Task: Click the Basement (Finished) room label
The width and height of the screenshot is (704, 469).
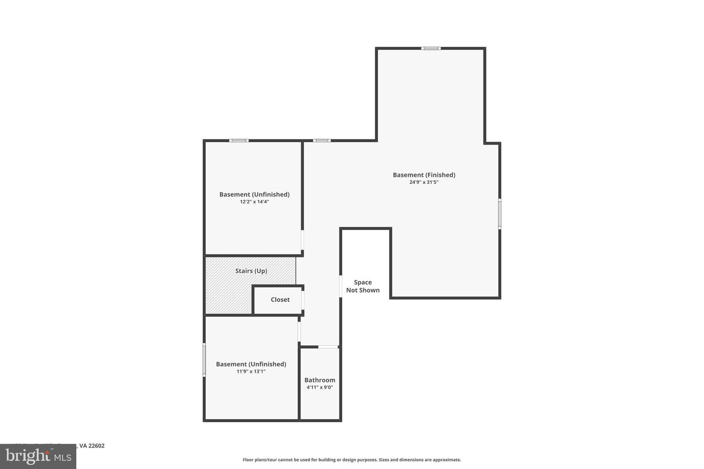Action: click(424, 175)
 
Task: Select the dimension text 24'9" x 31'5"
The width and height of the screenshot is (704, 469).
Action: click(424, 182)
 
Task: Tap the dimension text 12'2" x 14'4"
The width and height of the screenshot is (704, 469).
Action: click(254, 201)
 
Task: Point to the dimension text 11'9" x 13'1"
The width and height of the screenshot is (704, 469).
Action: click(251, 371)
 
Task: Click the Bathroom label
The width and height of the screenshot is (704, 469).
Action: click(320, 380)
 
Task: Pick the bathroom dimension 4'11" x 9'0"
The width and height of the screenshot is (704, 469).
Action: click(320, 387)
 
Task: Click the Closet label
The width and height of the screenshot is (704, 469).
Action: click(280, 299)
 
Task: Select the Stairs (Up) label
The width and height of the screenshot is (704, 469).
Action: click(251, 271)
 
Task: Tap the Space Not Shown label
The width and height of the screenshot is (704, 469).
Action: click(363, 286)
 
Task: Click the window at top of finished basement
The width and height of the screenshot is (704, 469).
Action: click(431, 48)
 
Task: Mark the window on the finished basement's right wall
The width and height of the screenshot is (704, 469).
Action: click(499, 213)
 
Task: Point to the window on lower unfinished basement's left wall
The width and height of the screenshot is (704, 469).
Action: click(204, 359)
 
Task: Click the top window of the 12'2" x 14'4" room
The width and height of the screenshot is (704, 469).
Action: click(239, 141)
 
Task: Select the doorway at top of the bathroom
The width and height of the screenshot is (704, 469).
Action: click(328, 347)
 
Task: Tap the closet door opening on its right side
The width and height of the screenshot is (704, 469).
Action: click(303, 300)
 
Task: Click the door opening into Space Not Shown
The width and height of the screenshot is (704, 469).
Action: click(341, 286)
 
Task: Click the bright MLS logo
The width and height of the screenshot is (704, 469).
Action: click(38, 457)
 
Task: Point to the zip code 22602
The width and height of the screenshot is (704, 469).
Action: click(97, 446)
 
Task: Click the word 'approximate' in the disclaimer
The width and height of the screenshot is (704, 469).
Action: click(446, 460)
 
